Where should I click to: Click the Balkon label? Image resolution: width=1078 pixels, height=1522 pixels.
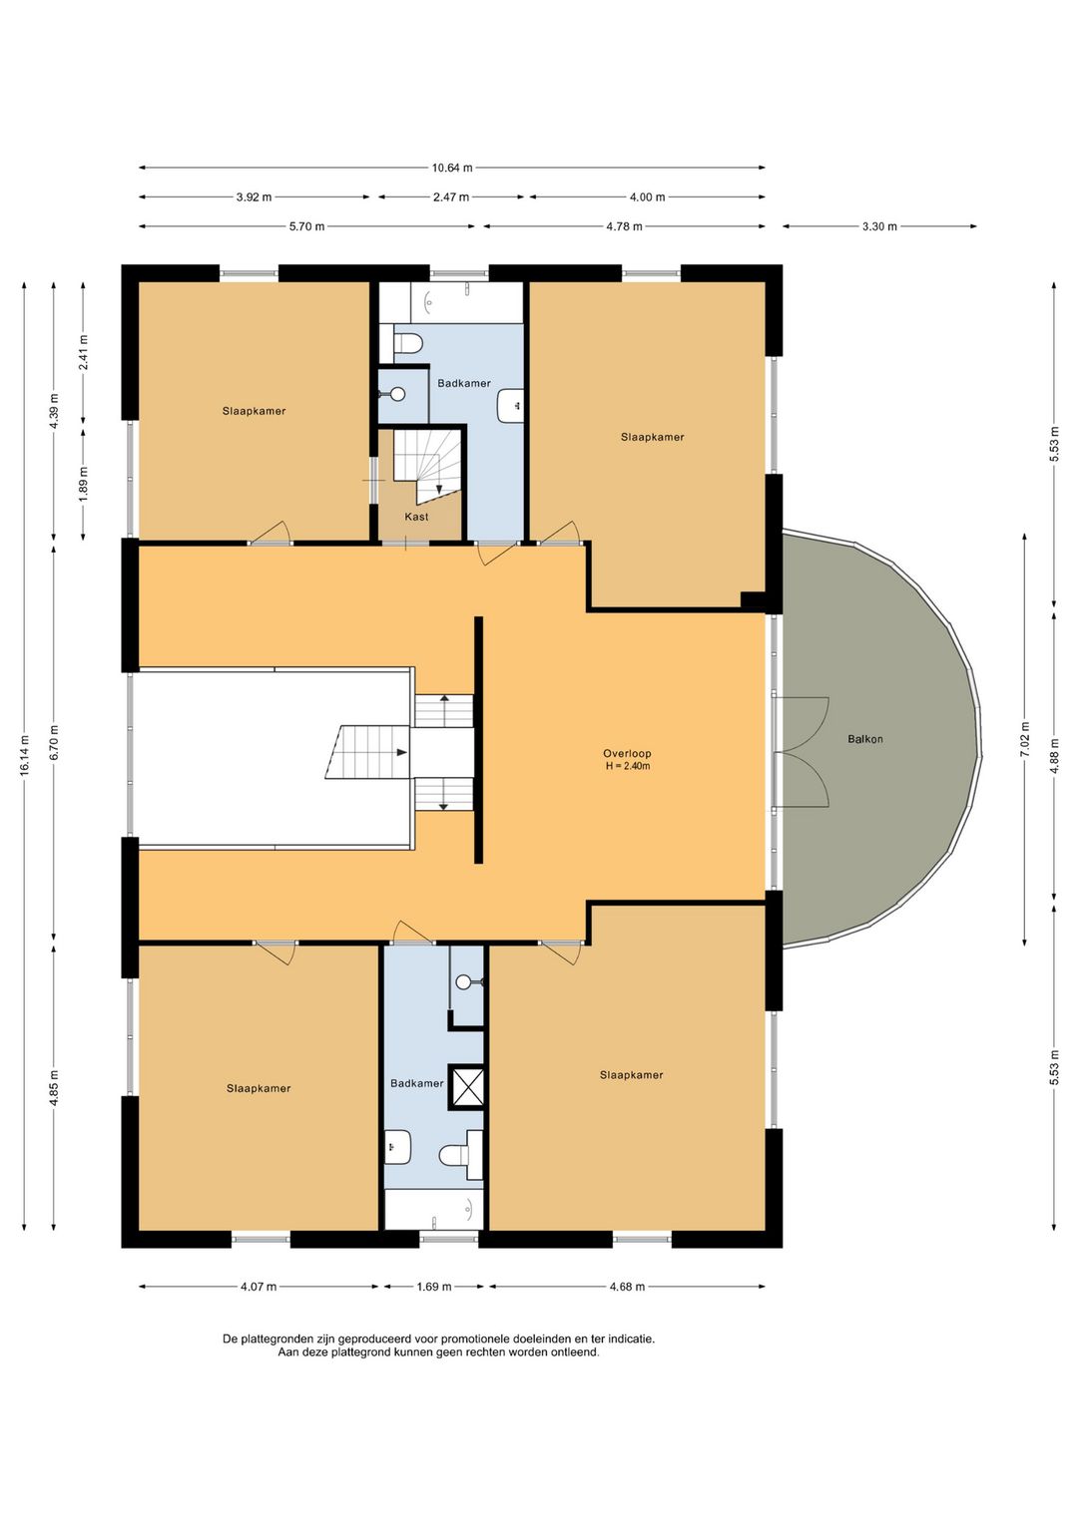[x=865, y=739]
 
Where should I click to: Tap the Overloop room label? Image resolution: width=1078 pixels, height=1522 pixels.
[x=627, y=753]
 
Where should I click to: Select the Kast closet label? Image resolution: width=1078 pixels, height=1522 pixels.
[x=416, y=517]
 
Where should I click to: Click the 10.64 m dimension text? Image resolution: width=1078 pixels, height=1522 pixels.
[x=452, y=168]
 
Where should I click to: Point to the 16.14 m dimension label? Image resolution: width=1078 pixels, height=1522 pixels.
[x=25, y=755]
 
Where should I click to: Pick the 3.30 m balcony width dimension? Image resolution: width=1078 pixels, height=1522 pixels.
[x=879, y=226]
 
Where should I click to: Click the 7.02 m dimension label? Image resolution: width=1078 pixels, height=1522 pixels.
[x=1024, y=739]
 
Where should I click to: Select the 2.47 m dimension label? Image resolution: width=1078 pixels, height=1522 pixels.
[x=451, y=197]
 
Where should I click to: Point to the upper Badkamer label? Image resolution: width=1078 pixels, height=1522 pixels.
[x=464, y=383]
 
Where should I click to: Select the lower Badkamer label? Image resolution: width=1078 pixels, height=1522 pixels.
[x=417, y=1083]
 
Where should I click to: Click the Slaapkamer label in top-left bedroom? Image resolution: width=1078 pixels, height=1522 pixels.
[x=254, y=411]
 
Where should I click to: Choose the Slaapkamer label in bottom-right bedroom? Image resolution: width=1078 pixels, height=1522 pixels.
[x=631, y=1075]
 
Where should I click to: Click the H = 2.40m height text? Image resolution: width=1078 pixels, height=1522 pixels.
[x=627, y=766]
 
